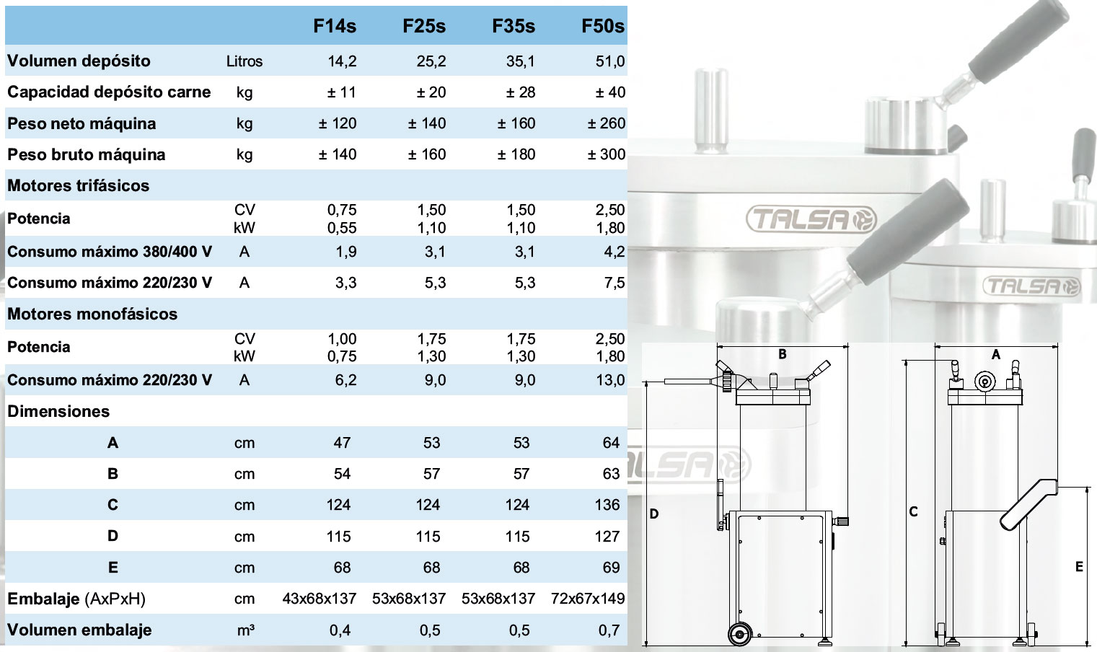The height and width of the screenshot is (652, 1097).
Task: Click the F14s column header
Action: (335, 26)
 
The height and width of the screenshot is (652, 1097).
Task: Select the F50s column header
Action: (603, 26)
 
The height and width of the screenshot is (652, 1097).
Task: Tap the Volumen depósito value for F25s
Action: (431, 61)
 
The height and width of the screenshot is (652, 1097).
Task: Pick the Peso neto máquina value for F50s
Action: (607, 123)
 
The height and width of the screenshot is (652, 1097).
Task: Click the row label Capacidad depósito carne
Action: (109, 92)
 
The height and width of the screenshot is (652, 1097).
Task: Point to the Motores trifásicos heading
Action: (79, 185)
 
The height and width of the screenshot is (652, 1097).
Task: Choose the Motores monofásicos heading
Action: (92, 314)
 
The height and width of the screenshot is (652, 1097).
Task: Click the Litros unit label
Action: (244, 61)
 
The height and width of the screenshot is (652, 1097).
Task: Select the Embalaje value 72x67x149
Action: (588, 599)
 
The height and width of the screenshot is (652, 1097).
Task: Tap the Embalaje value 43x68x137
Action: (320, 599)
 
